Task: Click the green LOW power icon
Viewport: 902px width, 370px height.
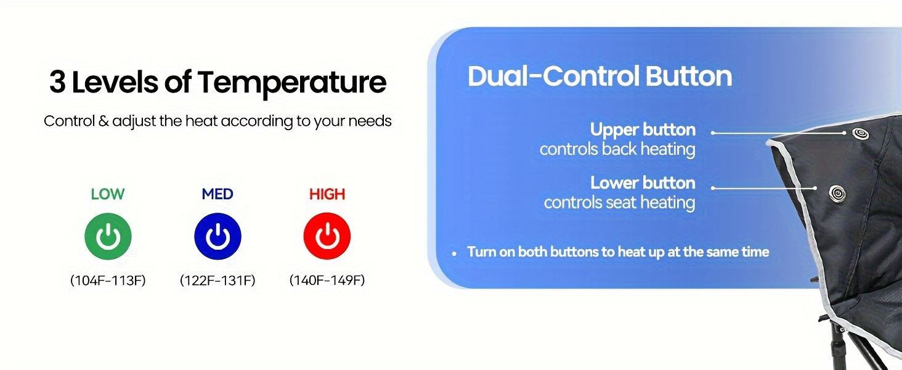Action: [x=108, y=236]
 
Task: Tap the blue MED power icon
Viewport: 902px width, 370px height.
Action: [x=217, y=236]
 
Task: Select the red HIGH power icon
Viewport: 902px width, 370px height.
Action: [x=327, y=236]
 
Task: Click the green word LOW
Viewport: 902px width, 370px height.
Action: [x=108, y=194]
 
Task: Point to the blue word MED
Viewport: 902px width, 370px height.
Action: [x=217, y=194]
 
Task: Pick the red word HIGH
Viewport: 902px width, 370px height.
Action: [x=327, y=194]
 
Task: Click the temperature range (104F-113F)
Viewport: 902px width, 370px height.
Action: [x=108, y=280]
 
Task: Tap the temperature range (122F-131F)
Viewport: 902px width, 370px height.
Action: [x=217, y=280]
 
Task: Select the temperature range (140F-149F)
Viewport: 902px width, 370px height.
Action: [x=327, y=280]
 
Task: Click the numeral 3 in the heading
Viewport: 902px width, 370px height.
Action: [x=57, y=82]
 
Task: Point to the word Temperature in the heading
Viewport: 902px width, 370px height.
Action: [x=292, y=84]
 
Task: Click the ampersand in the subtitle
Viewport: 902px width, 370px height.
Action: [x=104, y=121]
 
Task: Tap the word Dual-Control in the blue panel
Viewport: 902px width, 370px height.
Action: [x=553, y=76]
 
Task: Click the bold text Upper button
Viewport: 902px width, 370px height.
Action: [x=643, y=129]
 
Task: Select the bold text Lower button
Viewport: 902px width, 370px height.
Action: [x=643, y=183]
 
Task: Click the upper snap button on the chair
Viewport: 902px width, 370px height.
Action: [x=860, y=133]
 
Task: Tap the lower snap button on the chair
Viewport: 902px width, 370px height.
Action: [x=837, y=194]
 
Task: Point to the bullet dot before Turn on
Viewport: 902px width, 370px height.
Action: [x=454, y=253]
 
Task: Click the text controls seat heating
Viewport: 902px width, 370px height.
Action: [x=619, y=202]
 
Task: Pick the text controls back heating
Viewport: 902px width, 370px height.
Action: [x=617, y=149]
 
